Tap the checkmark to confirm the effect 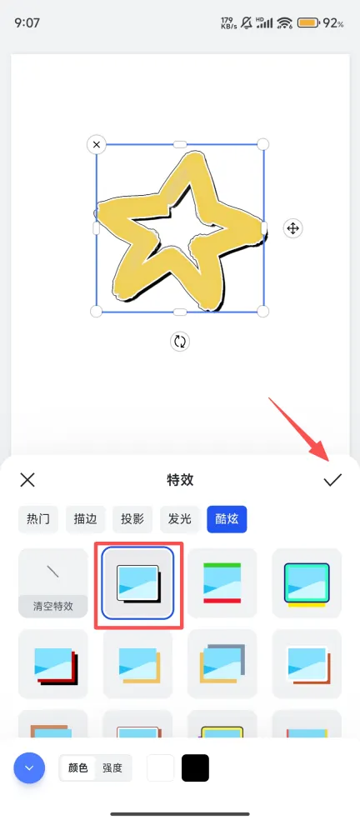332,480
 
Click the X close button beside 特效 27,479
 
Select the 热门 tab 38,519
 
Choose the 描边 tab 85,519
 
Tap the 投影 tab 132,519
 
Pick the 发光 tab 179,519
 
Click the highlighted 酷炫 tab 227,519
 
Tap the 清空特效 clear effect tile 52,583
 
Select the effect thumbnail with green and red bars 222,583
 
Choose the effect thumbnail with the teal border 307,583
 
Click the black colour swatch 195,767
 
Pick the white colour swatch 161,767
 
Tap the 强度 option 112,767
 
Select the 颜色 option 78,767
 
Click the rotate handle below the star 180,342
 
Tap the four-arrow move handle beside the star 293,228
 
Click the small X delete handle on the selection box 97,144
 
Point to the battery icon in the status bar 308,23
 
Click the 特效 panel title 180,479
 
